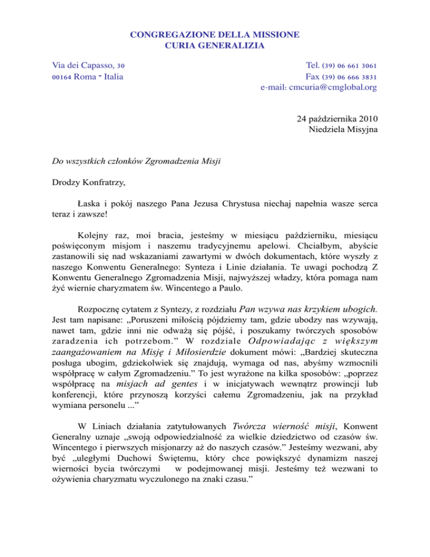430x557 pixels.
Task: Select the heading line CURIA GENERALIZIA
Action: (x=214, y=45)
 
